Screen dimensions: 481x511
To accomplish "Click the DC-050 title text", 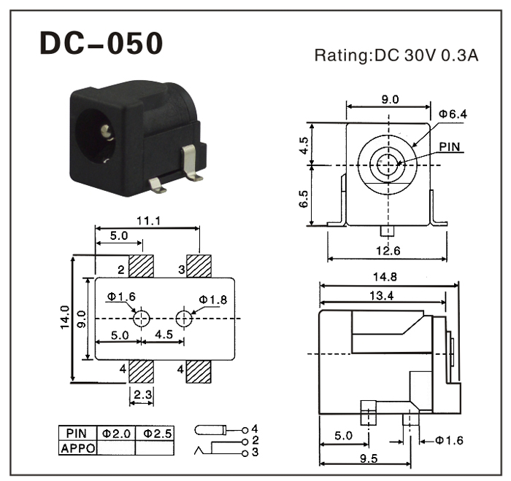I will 101,43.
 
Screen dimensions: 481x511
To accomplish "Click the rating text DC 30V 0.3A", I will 396,55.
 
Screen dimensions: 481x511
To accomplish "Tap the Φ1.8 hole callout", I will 212,300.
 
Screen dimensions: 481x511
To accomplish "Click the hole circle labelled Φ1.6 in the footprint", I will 142,318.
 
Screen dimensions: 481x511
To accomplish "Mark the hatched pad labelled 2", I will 140,266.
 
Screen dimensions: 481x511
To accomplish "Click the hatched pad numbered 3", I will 199,266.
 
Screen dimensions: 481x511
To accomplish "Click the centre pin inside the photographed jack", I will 107,133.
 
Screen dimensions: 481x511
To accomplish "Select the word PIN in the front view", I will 450,146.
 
